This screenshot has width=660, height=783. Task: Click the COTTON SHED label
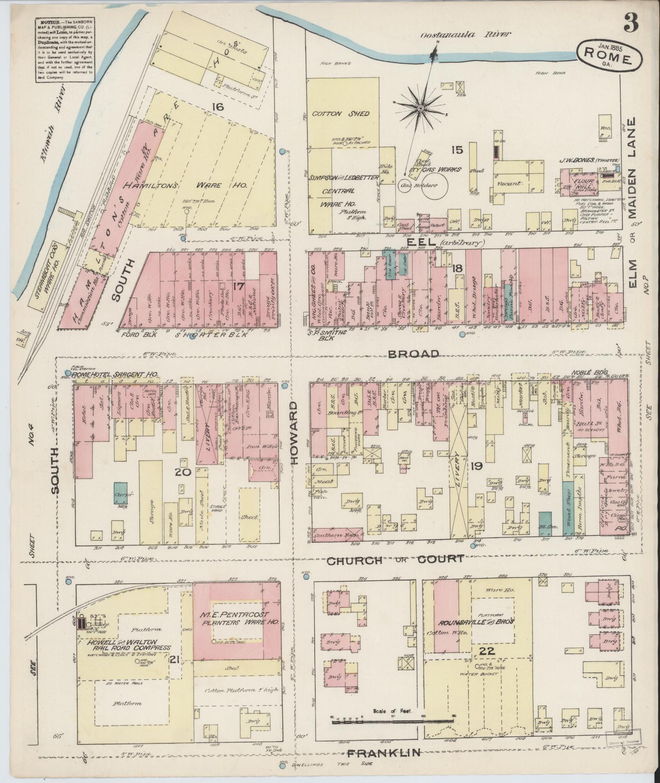point(340,114)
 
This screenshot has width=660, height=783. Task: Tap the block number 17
point(238,286)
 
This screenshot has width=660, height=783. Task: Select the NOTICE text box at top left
point(63,49)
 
